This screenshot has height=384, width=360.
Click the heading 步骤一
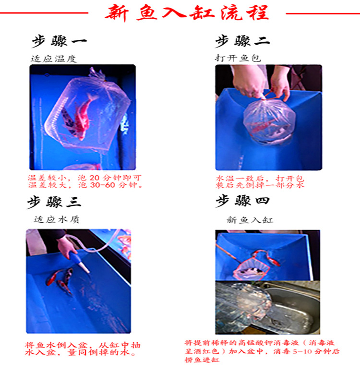[59, 42]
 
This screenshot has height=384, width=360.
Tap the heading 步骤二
[242, 42]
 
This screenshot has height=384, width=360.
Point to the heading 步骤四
[242, 201]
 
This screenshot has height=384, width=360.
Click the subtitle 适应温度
[53, 59]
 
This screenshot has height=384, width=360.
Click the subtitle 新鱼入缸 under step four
[250, 220]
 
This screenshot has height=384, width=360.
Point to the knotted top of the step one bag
[97, 73]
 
